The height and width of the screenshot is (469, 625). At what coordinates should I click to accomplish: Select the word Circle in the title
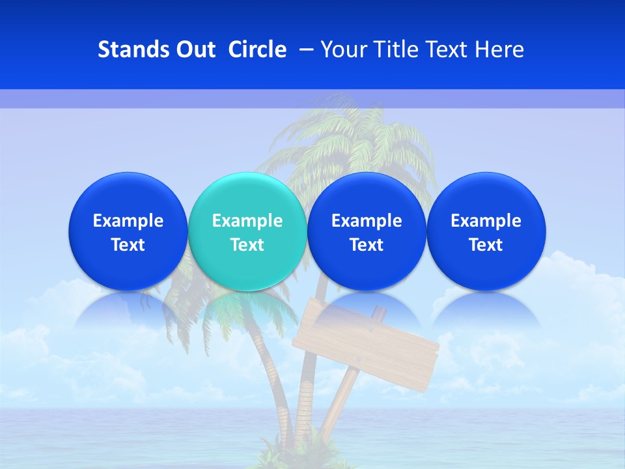pyautogui.click(x=257, y=50)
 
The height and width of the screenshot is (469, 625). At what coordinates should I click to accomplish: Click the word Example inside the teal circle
pyautogui.click(x=247, y=221)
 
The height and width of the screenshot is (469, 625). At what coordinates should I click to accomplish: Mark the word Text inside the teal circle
pyautogui.click(x=247, y=245)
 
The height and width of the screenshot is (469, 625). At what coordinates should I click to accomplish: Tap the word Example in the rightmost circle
pyautogui.click(x=486, y=221)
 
